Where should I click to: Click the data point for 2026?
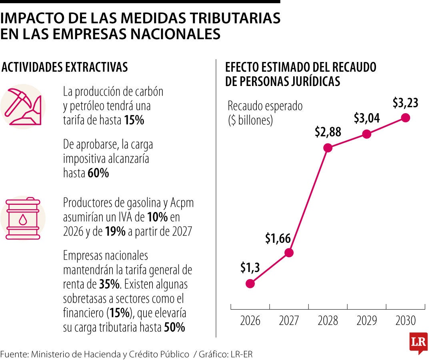[250, 284]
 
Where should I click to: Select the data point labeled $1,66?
[289, 253]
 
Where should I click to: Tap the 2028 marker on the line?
[328, 148]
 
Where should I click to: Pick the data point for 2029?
[366, 134]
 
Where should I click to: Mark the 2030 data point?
[405, 118]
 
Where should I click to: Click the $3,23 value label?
[405, 103]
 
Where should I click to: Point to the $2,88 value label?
[328, 132]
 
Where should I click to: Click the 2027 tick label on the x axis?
[289, 320]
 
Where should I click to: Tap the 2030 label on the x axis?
[405, 320]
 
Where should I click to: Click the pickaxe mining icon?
[23, 106]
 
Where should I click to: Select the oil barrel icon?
[23, 218]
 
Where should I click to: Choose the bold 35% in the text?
[109, 284]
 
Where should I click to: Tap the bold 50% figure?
[174, 328]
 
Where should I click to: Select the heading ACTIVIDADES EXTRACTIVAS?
[65, 67]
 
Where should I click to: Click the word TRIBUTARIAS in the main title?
[229, 18]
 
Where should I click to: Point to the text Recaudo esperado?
[265, 106]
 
